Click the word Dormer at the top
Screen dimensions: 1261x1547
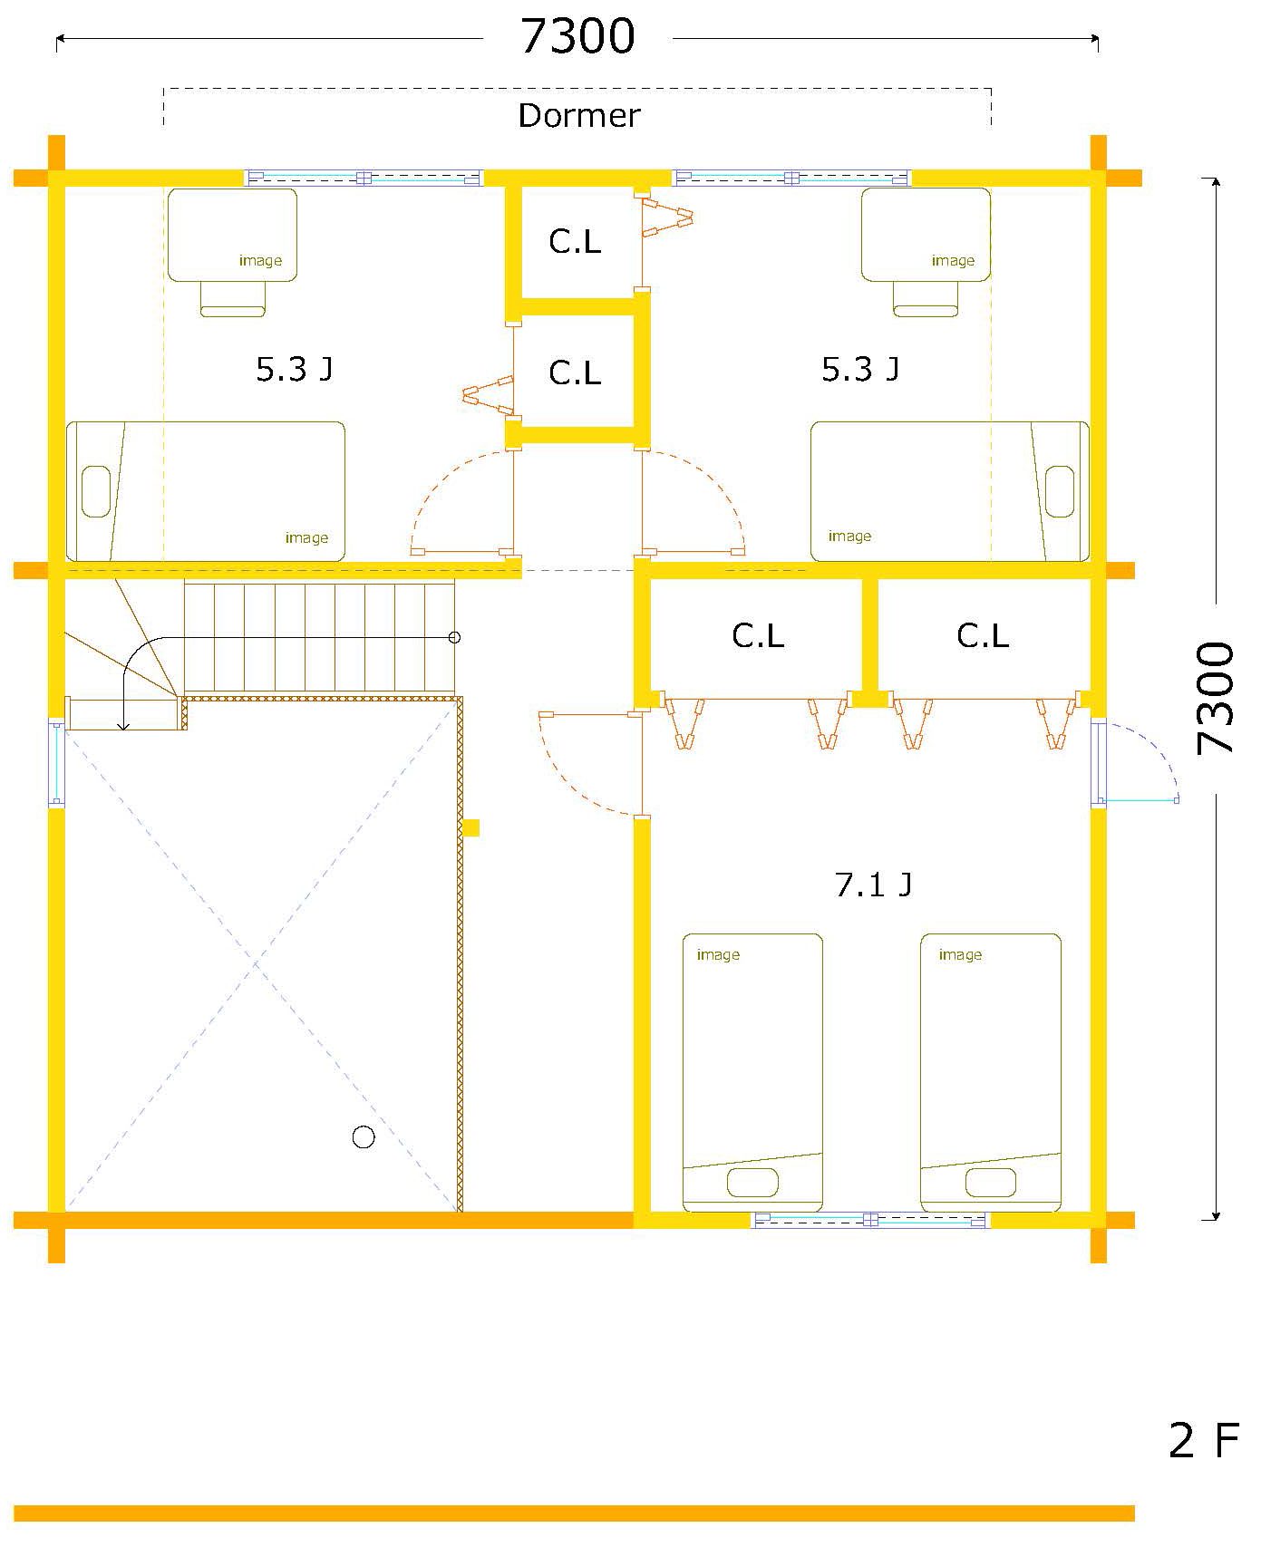[578, 115]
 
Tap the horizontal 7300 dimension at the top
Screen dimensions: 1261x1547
[577, 37]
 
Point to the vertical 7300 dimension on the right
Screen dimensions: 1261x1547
[1216, 698]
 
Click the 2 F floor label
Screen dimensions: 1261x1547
[1204, 1439]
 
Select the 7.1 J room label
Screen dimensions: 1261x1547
[873, 884]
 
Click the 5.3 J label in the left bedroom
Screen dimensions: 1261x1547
[294, 369]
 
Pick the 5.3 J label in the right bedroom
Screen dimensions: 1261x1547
[860, 369]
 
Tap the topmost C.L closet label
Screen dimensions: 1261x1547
[575, 241]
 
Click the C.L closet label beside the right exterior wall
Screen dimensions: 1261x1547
[983, 635]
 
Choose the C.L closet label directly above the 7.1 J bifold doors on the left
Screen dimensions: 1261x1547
[758, 635]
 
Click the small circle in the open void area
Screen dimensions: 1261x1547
[364, 1137]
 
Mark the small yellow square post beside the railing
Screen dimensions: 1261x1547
[470, 827]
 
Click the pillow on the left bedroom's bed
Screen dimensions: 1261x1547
[96, 491]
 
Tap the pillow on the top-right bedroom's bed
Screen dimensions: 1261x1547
[1060, 491]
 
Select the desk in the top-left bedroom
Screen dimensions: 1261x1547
[232, 235]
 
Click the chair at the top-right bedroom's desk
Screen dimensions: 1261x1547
[926, 299]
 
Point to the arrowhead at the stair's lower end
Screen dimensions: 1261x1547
[124, 725]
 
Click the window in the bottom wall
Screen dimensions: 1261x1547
[870, 1220]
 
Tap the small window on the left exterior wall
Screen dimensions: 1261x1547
[56, 762]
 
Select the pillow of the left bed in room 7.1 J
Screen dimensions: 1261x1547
[752, 1183]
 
